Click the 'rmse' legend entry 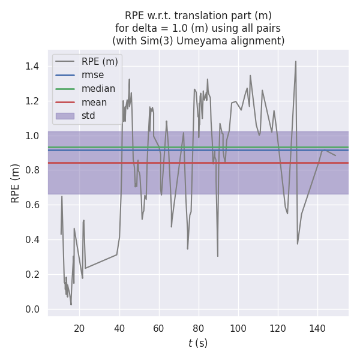92,75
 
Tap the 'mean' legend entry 94,102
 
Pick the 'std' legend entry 89,116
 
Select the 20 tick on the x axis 80,328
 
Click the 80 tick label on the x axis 199,328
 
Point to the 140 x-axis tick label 317,328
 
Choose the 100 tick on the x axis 238,328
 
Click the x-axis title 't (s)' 198,344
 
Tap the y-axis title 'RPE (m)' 16,183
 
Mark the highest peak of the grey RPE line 295,61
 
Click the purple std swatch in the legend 65,116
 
